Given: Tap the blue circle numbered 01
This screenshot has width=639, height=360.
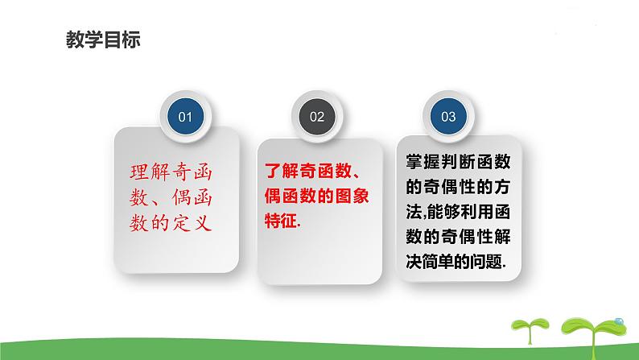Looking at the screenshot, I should pyautogui.click(x=185, y=117).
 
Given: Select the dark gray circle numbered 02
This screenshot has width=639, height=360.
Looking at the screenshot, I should pyautogui.click(x=316, y=117).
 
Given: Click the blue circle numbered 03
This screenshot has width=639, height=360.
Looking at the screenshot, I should pyautogui.click(x=448, y=117).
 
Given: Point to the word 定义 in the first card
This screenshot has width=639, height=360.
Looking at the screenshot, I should pyautogui.click(x=194, y=220).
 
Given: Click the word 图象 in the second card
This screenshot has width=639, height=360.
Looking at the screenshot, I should pyautogui.click(x=353, y=196).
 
